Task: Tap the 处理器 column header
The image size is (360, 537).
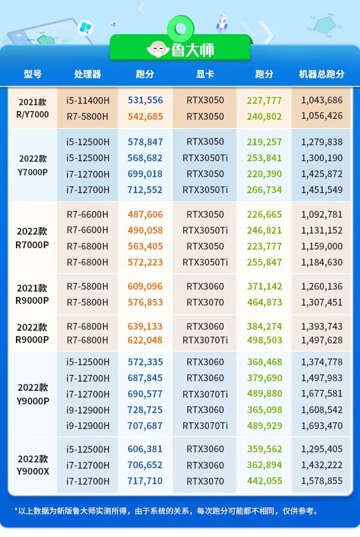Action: point(87,74)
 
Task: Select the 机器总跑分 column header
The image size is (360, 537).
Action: point(322,74)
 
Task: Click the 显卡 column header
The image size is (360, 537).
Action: point(205,74)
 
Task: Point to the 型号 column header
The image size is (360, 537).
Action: point(32,74)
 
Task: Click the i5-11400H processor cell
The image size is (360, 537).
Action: point(87,100)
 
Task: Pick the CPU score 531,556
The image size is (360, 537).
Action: point(145,100)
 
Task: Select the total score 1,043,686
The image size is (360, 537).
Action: point(322,100)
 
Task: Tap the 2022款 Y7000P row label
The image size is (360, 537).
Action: point(32,165)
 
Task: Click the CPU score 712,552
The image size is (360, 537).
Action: point(145,190)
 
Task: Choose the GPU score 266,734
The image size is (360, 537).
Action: point(264,190)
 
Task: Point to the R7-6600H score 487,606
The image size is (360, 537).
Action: point(145,215)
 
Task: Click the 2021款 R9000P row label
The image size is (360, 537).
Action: point(32,294)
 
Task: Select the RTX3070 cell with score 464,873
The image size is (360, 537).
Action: point(205,302)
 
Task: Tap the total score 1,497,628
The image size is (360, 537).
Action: point(322,340)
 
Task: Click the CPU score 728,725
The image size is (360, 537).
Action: point(145,410)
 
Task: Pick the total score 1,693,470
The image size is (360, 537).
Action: point(322,426)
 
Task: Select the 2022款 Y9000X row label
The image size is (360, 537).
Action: point(32,465)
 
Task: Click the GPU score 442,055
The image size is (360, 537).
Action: point(264,481)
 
